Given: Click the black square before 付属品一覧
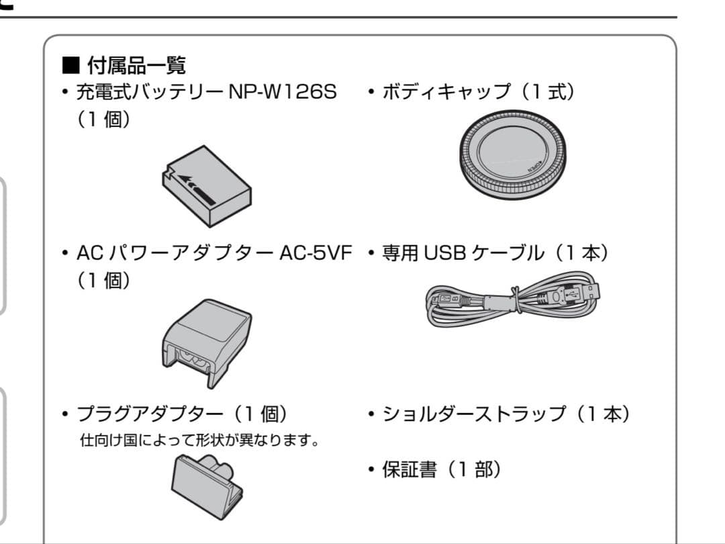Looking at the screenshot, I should pyautogui.click(x=70, y=66).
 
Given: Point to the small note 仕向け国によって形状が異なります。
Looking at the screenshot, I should pyautogui.click(x=199, y=442).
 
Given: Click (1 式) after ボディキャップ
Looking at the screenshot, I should pyautogui.click(x=548, y=92).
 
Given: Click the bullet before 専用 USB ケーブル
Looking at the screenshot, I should pyautogui.click(x=371, y=254).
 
